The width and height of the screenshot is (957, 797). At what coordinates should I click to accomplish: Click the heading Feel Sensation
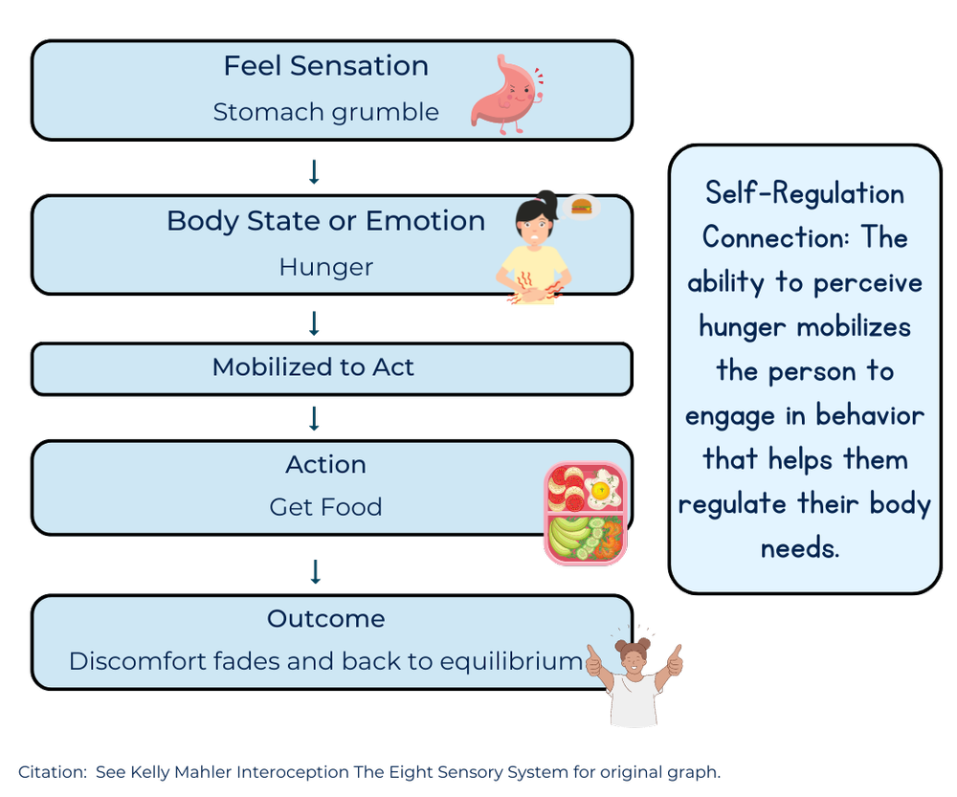coord(325,66)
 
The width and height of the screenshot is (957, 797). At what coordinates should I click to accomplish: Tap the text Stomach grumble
coord(325,112)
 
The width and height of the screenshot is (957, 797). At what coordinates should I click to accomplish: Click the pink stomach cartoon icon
coord(504,91)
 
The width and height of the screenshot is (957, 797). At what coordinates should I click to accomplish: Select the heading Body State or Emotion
coord(325,221)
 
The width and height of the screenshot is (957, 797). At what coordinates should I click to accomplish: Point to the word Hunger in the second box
coord(325,267)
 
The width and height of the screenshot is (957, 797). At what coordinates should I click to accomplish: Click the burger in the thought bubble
coord(580,205)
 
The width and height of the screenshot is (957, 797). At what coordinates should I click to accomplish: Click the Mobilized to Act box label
coord(313,367)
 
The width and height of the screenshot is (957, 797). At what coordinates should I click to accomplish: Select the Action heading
coord(325,465)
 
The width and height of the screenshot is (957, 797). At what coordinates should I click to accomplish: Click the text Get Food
coord(325,507)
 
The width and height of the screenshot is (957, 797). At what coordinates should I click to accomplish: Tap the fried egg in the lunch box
coord(602,491)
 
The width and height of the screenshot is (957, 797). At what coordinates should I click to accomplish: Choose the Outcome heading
coord(325,619)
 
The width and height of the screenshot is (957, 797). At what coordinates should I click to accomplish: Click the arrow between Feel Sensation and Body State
coord(314,171)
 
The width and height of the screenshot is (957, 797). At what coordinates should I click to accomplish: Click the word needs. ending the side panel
coord(800,548)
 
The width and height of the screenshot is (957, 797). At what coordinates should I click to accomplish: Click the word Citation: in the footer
coord(53,772)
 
